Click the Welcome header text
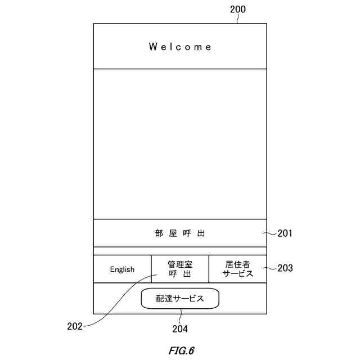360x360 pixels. (x=180, y=47)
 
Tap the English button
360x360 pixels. (x=122, y=269)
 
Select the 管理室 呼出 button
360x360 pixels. (x=180, y=269)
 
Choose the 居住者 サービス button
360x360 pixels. (x=237, y=269)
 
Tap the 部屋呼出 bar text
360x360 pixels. (x=180, y=233)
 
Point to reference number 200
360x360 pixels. (x=238, y=9)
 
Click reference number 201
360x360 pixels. (x=285, y=233)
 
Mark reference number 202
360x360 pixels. (x=75, y=326)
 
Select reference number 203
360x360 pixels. (x=285, y=268)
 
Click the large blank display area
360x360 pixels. (x=180, y=143)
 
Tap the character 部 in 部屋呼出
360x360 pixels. (x=159, y=233)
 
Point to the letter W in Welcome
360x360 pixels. (x=152, y=47)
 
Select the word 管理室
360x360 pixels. (x=180, y=264)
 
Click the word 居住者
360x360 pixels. (x=237, y=264)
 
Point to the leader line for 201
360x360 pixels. (x=271, y=233)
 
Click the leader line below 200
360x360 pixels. (x=238, y=19)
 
